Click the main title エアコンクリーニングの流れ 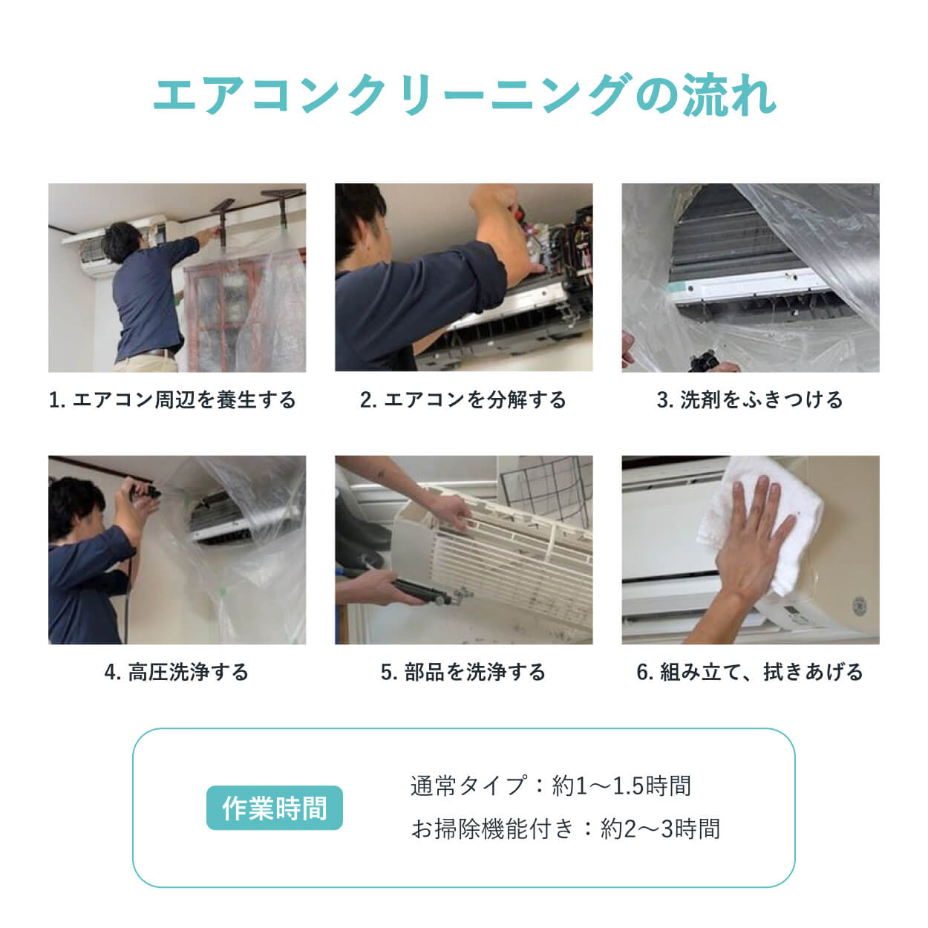pyautogui.click(x=464, y=95)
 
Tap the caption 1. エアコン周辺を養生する pyautogui.click(x=172, y=400)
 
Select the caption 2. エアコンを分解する pyautogui.click(x=463, y=400)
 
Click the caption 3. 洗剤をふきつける pyautogui.click(x=750, y=400)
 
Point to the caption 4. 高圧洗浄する pyautogui.click(x=177, y=673)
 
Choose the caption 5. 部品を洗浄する pyautogui.click(x=463, y=673)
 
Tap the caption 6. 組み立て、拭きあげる pyautogui.click(x=750, y=673)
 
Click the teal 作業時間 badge pyautogui.click(x=274, y=808)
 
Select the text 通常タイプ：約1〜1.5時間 pyautogui.click(x=550, y=785)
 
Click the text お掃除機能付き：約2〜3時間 pyautogui.click(x=565, y=829)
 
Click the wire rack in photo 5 pyautogui.click(x=546, y=483)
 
